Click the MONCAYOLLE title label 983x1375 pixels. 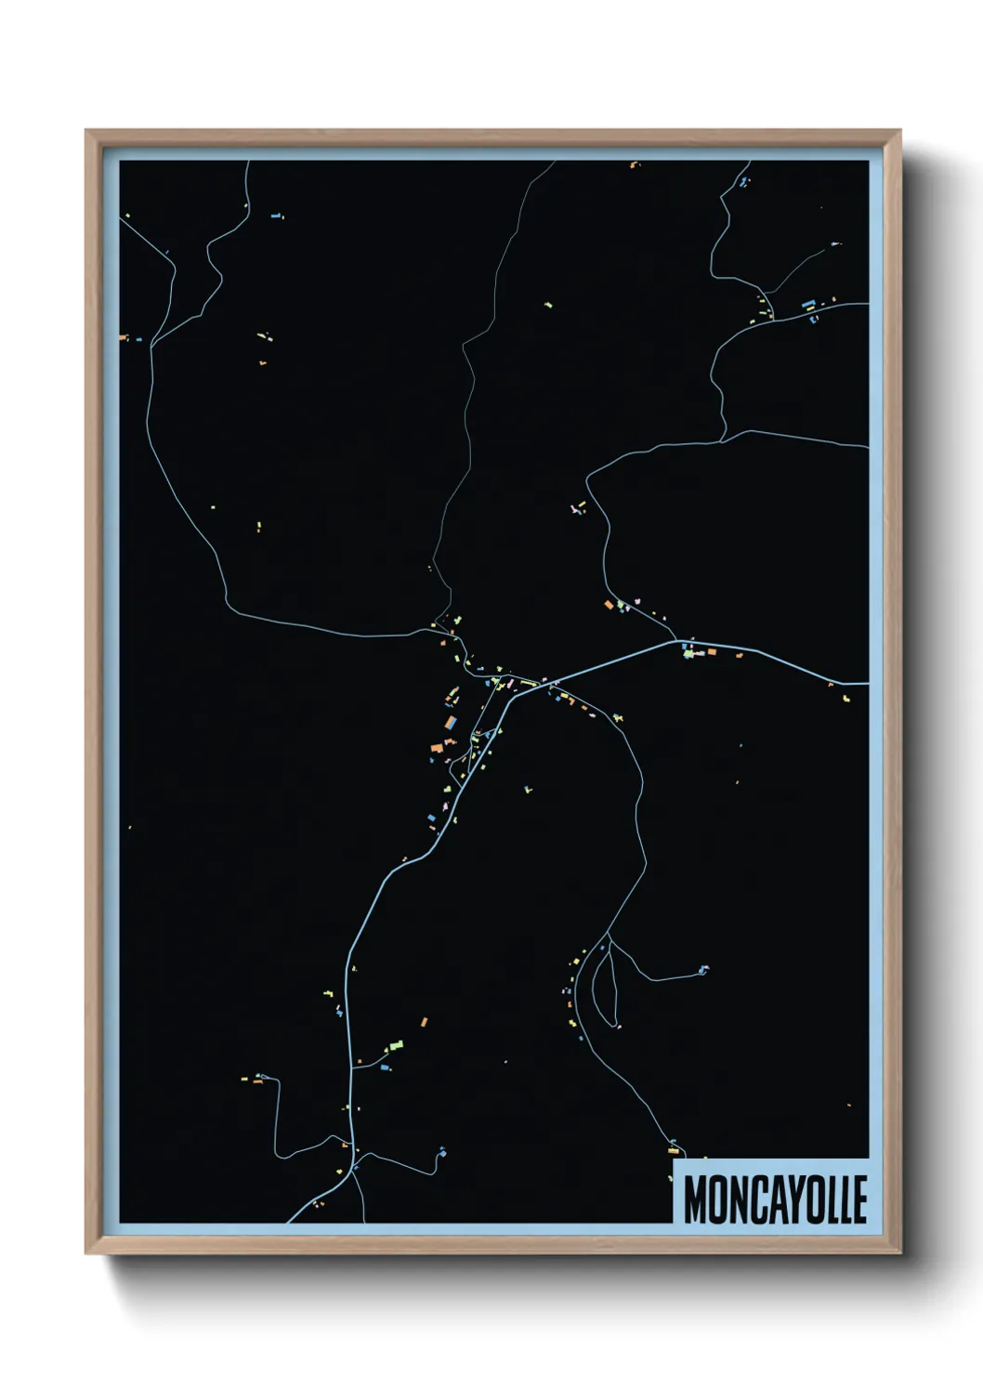tap(775, 1199)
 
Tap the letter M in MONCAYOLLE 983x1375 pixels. tap(697, 1199)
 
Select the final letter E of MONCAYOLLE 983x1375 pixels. tap(859, 1199)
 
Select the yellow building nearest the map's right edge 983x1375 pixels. tap(846, 697)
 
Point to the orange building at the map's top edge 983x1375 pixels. tap(634, 165)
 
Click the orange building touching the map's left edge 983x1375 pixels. tap(123, 337)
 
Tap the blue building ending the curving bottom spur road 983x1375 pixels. tap(441, 1152)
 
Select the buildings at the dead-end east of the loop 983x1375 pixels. tap(703, 969)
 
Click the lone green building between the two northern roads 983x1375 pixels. tap(548, 304)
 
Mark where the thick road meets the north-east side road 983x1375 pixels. tap(677, 640)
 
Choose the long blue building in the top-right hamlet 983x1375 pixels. tap(807, 303)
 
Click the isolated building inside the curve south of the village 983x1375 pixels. tap(527, 790)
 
